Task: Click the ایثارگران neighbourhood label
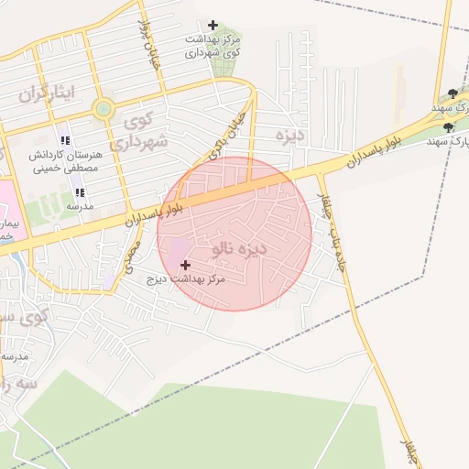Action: click(x=45, y=93)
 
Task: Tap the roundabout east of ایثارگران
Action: click(x=103, y=110)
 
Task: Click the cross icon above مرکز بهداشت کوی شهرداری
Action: click(x=213, y=25)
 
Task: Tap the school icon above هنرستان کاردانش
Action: click(x=65, y=140)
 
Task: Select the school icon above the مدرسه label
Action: click(x=80, y=192)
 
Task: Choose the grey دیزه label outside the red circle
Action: click(x=289, y=135)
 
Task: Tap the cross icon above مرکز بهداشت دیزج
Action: click(x=186, y=265)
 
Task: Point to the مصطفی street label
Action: click(x=135, y=248)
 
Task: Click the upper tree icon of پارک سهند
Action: click(x=453, y=93)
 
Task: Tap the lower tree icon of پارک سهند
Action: click(x=448, y=127)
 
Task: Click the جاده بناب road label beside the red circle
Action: click(x=330, y=229)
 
